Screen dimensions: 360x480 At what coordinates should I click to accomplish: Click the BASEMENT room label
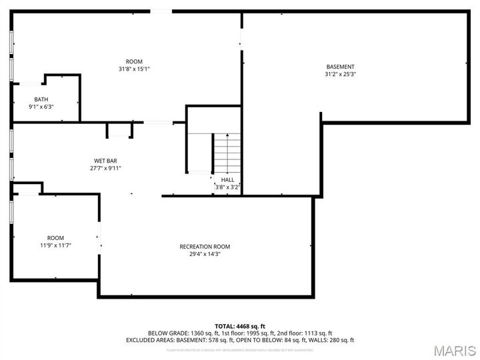point(340,67)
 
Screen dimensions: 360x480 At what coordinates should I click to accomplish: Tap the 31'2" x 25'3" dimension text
point(340,75)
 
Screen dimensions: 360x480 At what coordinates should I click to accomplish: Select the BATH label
point(41,99)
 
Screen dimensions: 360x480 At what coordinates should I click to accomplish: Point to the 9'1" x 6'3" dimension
point(41,107)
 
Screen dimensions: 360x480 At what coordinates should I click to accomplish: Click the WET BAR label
point(106,161)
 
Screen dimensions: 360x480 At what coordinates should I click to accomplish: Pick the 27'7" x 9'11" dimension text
point(106,168)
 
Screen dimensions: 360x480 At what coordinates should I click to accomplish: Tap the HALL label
point(228,180)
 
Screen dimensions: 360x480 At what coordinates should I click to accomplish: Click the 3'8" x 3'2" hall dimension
point(228,187)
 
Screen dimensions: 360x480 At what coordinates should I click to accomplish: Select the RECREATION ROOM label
point(205,247)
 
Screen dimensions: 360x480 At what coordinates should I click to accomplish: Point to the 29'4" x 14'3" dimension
point(205,254)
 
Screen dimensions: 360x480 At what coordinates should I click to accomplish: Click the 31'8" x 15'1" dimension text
point(134,69)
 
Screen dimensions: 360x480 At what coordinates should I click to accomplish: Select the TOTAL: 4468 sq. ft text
point(239,326)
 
